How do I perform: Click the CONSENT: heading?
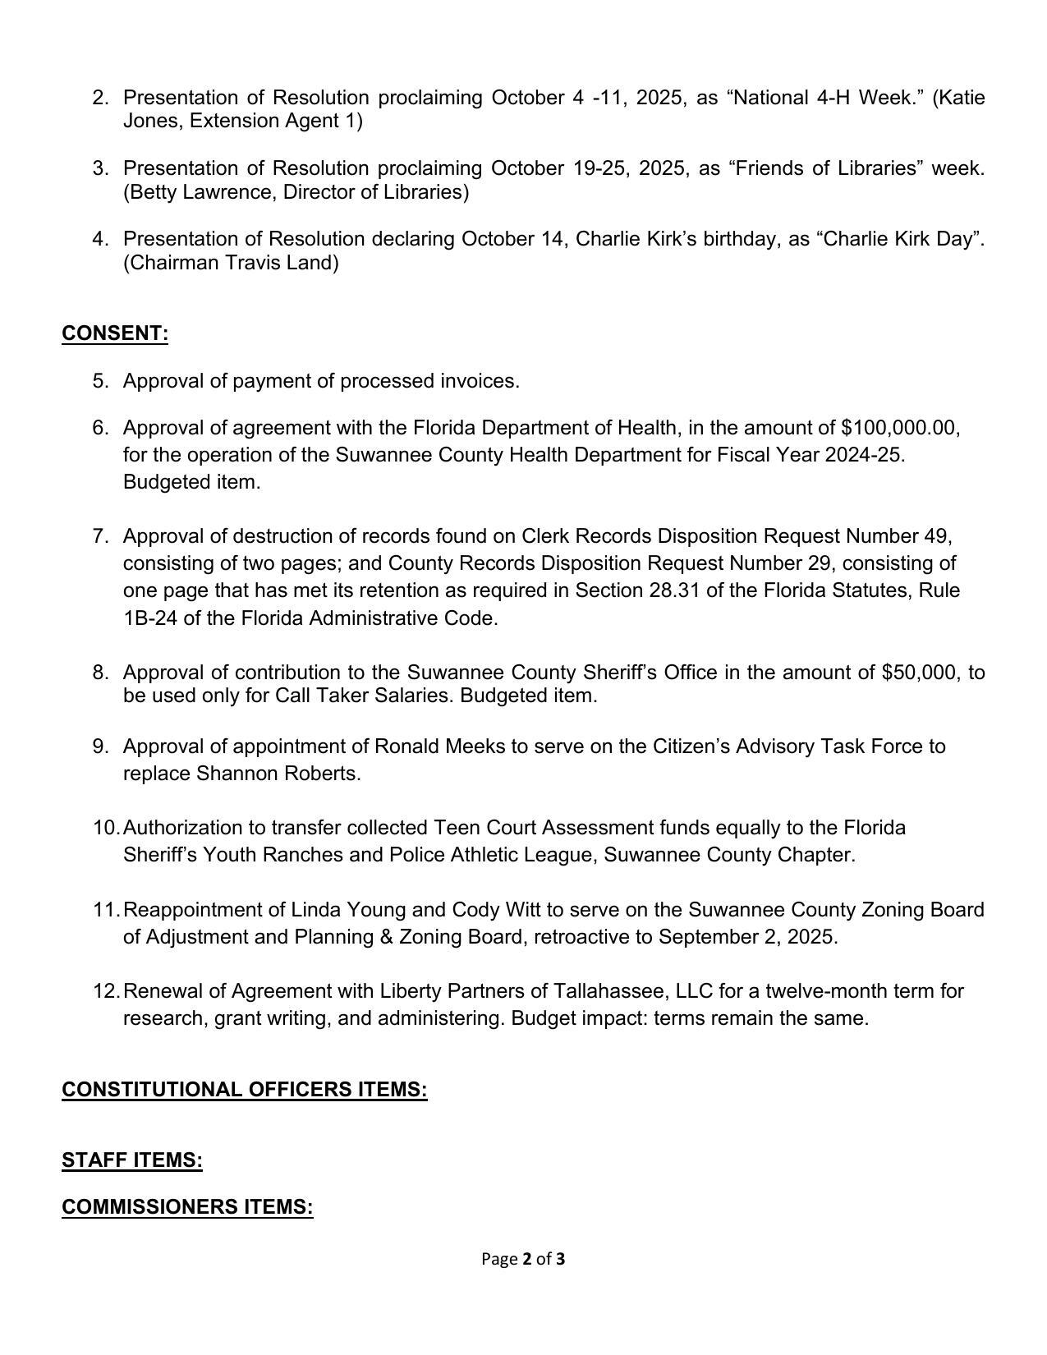pyautogui.click(x=115, y=333)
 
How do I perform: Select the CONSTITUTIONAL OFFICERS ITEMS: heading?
pyautogui.click(x=244, y=1089)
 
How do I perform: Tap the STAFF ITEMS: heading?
pyautogui.click(x=131, y=1160)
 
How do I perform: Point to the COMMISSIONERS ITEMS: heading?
pyautogui.click(x=187, y=1206)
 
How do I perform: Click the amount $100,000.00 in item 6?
pyautogui.click(x=899, y=428)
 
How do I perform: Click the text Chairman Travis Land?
pyautogui.click(x=231, y=263)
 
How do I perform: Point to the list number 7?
pyautogui.click(x=100, y=536)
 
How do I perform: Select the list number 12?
pyautogui.click(x=105, y=991)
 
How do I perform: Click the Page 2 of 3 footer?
pyautogui.click(x=523, y=1259)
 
